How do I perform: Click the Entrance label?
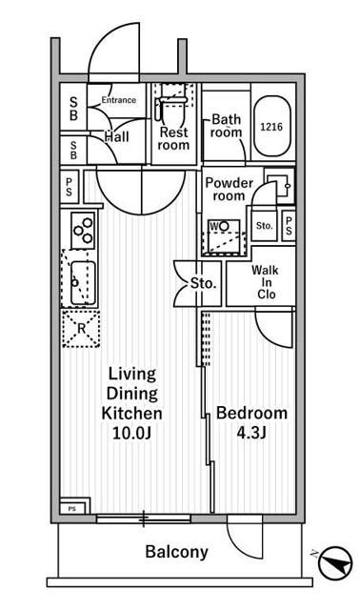[118, 100]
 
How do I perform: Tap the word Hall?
[117, 137]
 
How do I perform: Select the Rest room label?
[173, 138]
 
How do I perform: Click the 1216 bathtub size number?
[271, 126]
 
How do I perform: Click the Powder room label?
[230, 189]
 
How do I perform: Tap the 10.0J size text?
[132, 435]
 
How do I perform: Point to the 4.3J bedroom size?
[251, 435]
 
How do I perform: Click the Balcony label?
[176, 552]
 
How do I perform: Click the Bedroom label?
[251, 413]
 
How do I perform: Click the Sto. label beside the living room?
[202, 284]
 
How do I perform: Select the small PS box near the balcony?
[71, 509]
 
